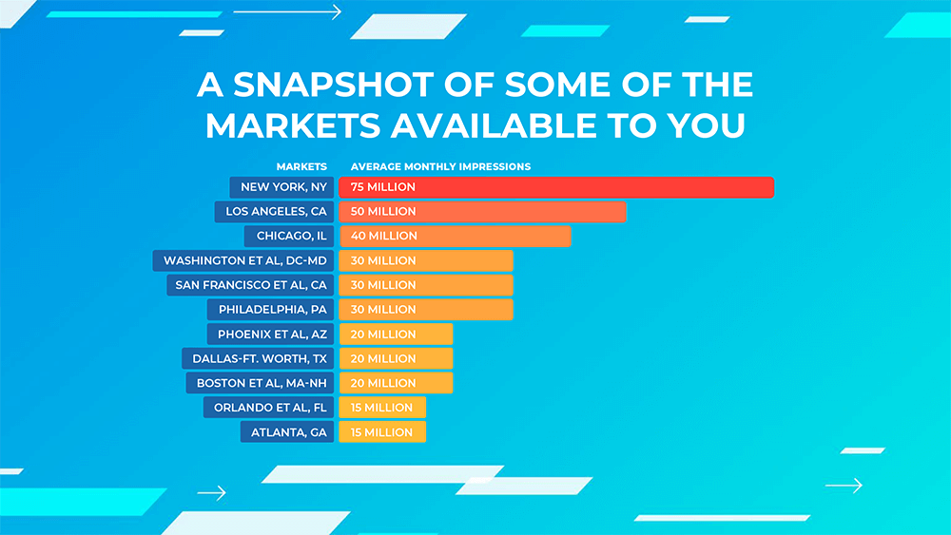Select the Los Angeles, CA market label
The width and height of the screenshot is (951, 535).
274,211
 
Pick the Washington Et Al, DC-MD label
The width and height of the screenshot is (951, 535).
243,260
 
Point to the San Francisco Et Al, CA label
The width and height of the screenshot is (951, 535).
250,285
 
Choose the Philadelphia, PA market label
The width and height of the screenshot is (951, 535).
270,310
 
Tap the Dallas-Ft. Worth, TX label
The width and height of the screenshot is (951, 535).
258,358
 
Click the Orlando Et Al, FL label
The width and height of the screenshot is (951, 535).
268,408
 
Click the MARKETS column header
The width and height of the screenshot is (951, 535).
301,167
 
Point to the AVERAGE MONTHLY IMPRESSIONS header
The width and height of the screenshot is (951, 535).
440,167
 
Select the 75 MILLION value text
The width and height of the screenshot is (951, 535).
384,187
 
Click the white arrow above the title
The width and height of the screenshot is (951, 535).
287,12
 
